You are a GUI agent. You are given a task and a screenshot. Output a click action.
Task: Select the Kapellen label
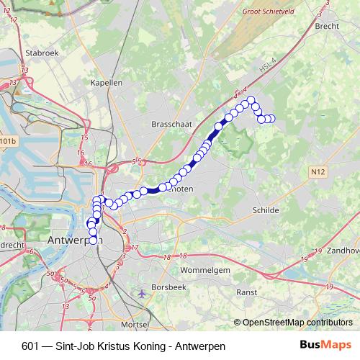click(107, 83)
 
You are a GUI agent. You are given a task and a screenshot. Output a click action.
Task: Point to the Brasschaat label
click(171, 125)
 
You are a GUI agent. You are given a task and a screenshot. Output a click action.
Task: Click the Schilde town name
click(266, 210)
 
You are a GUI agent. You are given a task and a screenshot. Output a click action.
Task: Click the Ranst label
click(247, 293)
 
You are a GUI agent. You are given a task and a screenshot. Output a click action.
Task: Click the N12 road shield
click(319, 171)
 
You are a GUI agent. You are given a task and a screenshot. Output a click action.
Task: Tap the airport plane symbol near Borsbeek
click(142, 294)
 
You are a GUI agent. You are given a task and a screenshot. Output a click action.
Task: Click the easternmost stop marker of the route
click(272, 119)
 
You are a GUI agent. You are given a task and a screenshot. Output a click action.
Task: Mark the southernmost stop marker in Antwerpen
click(93, 250)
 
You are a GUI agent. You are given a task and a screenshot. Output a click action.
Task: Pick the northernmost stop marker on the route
click(251, 100)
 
